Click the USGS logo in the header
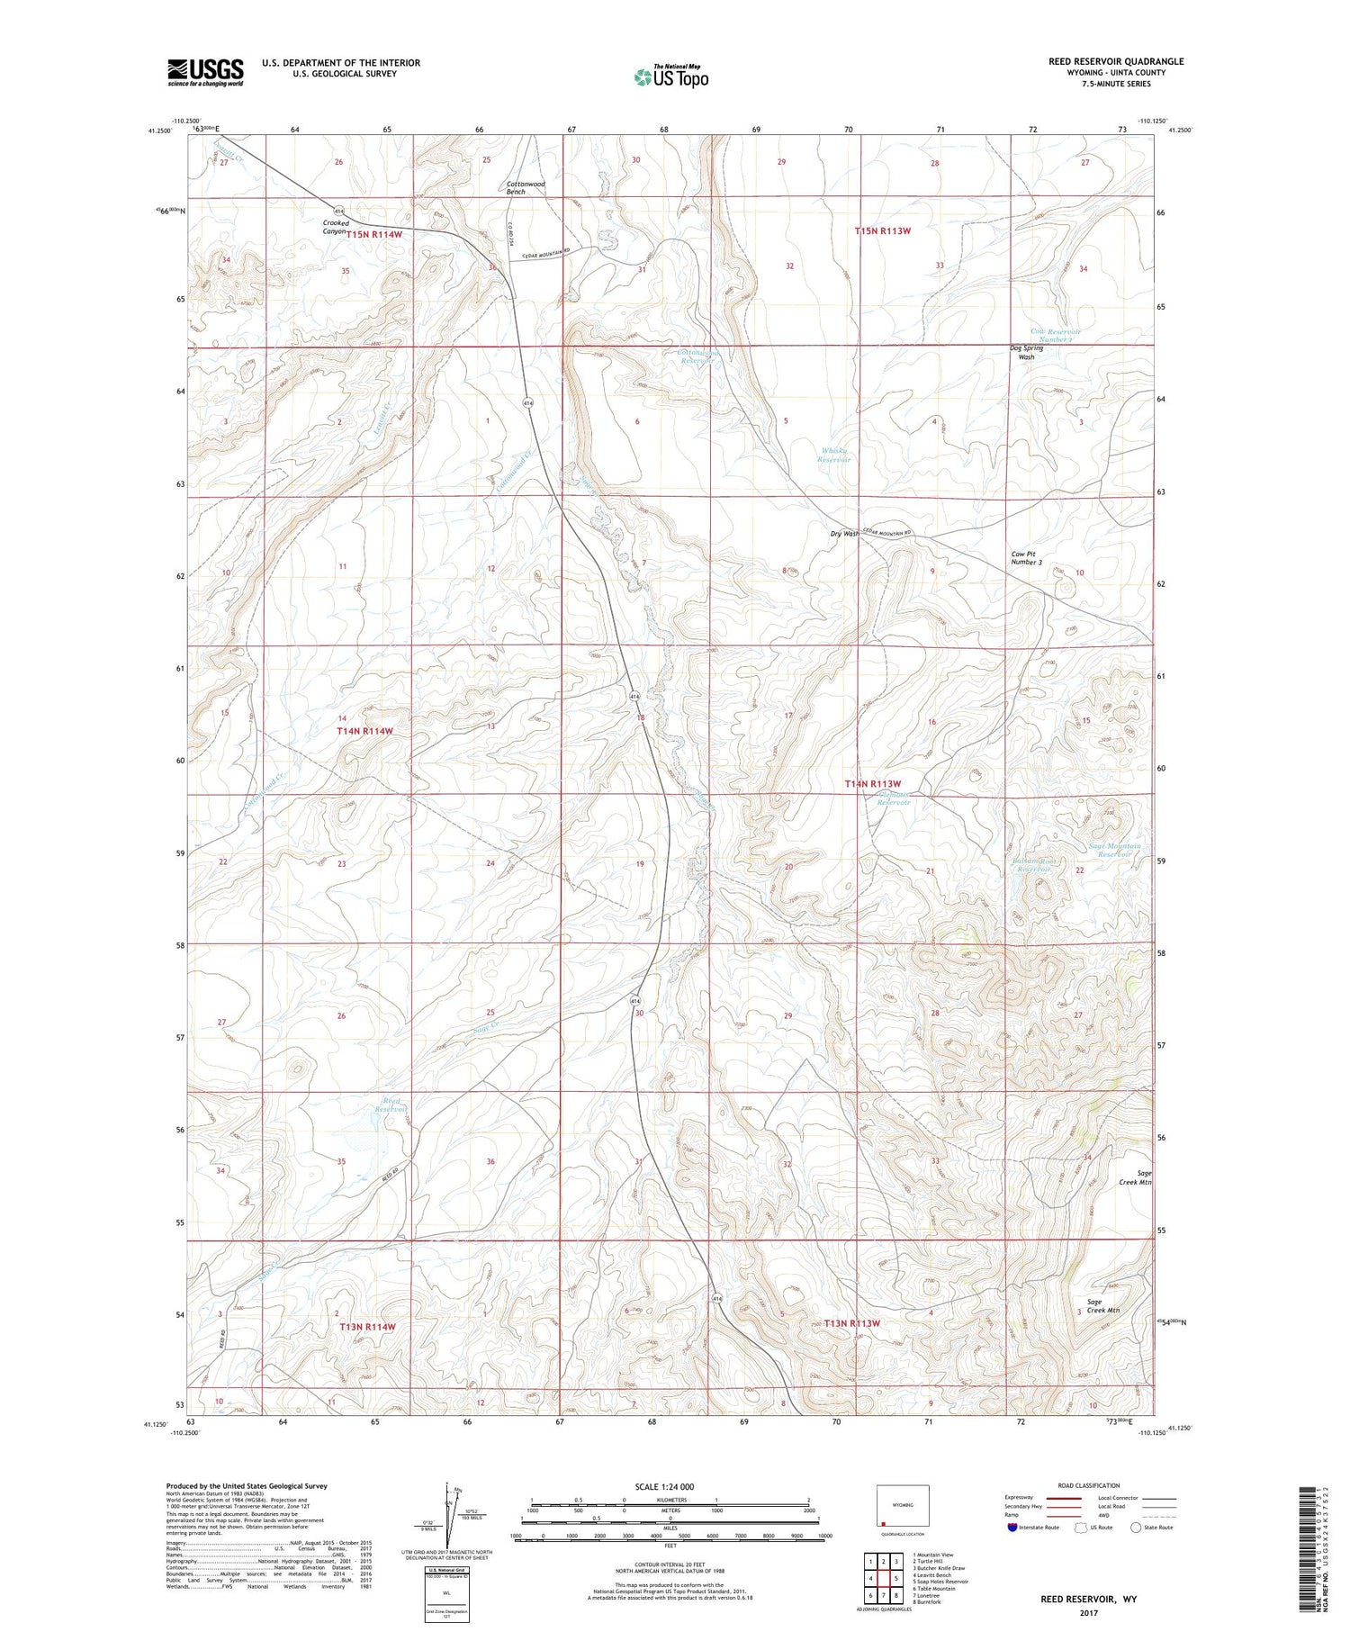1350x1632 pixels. click(x=205, y=72)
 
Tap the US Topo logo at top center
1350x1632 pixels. click(x=670, y=77)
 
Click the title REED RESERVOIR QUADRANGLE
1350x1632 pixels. click(x=1115, y=61)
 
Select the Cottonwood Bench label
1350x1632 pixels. click(x=526, y=188)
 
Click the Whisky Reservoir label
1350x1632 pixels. click(x=833, y=455)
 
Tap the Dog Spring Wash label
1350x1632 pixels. click(x=1026, y=352)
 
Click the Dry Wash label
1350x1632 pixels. click(x=844, y=534)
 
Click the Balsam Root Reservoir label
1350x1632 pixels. click(x=1031, y=865)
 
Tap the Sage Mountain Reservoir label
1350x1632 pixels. click(x=1114, y=850)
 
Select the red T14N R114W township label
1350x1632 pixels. click(x=364, y=731)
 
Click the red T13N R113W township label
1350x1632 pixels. click(x=850, y=1323)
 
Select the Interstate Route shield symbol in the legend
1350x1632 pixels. click(x=1012, y=1528)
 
